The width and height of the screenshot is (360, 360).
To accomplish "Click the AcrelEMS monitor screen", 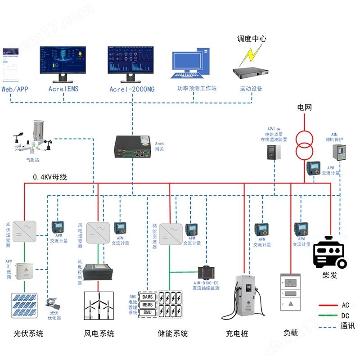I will (x=63, y=60).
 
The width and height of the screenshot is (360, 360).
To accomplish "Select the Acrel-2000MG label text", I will (x=132, y=89).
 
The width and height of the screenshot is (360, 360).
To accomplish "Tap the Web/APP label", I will (x=15, y=89).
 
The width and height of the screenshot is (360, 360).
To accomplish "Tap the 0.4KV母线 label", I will (x=49, y=177).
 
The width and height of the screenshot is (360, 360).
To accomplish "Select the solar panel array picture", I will (x=25, y=306).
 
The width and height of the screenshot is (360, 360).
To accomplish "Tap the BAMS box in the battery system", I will (x=148, y=297).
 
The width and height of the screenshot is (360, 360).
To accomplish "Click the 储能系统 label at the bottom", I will (x=172, y=333).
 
